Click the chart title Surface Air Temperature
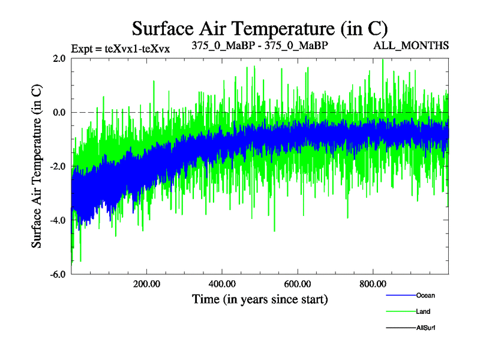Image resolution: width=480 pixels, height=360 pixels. pyautogui.click(x=260, y=28)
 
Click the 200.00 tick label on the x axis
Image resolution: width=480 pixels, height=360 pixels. pyautogui.click(x=146, y=284)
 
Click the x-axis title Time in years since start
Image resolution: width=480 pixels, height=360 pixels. pyautogui.click(x=260, y=298)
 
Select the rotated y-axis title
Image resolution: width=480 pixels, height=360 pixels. pyautogui.click(x=37, y=166)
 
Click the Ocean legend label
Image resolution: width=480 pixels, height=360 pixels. pyautogui.click(x=425, y=295)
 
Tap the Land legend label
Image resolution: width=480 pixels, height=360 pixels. pyautogui.click(x=423, y=311)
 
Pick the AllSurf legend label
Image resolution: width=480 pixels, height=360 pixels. pyautogui.click(x=425, y=328)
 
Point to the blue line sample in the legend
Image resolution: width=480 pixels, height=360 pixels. pyautogui.click(x=400, y=295)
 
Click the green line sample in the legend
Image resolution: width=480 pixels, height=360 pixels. pyautogui.click(x=400, y=311)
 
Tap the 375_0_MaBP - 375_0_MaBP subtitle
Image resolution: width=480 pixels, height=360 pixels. pyautogui.click(x=260, y=46)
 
